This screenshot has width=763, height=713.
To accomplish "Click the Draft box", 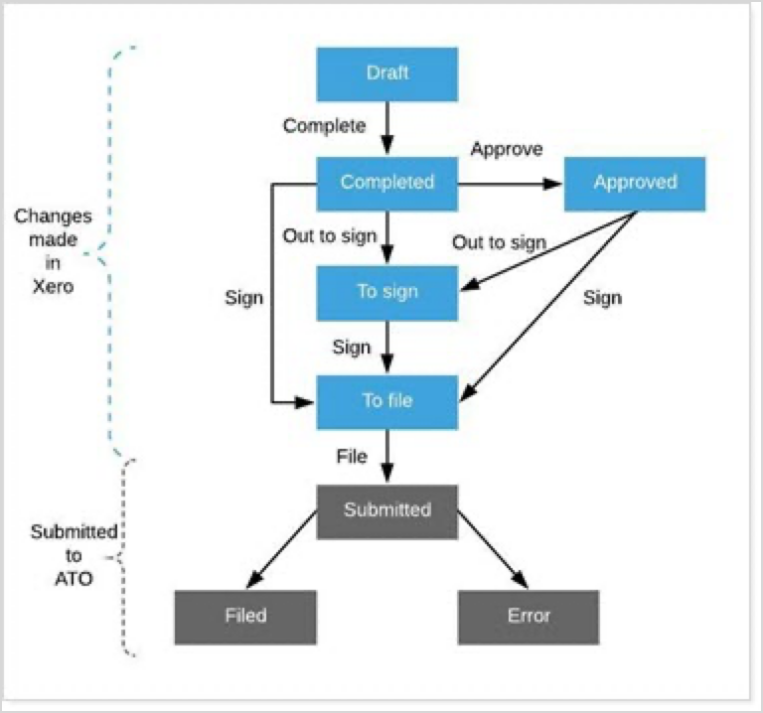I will [386, 73].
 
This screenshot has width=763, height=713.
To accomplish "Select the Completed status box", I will [386, 183].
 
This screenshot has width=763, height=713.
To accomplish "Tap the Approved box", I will [635, 183].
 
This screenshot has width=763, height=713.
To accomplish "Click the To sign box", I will [386, 292].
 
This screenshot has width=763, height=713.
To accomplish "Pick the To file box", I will [386, 401].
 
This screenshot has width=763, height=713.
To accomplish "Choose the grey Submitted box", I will [386, 510].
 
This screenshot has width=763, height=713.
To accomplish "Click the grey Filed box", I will [244, 617].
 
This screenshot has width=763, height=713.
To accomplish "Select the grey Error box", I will [529, 617].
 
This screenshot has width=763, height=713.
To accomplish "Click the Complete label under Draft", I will [324, 126].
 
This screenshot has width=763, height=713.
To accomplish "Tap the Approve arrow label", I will [507, 150].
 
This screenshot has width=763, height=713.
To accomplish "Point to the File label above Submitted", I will [351, 457].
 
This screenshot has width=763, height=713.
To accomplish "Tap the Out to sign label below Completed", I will [330, 236].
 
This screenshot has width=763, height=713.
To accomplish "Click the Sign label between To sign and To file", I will [352, 348].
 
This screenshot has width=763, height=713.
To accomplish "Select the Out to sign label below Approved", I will [499, 242].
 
